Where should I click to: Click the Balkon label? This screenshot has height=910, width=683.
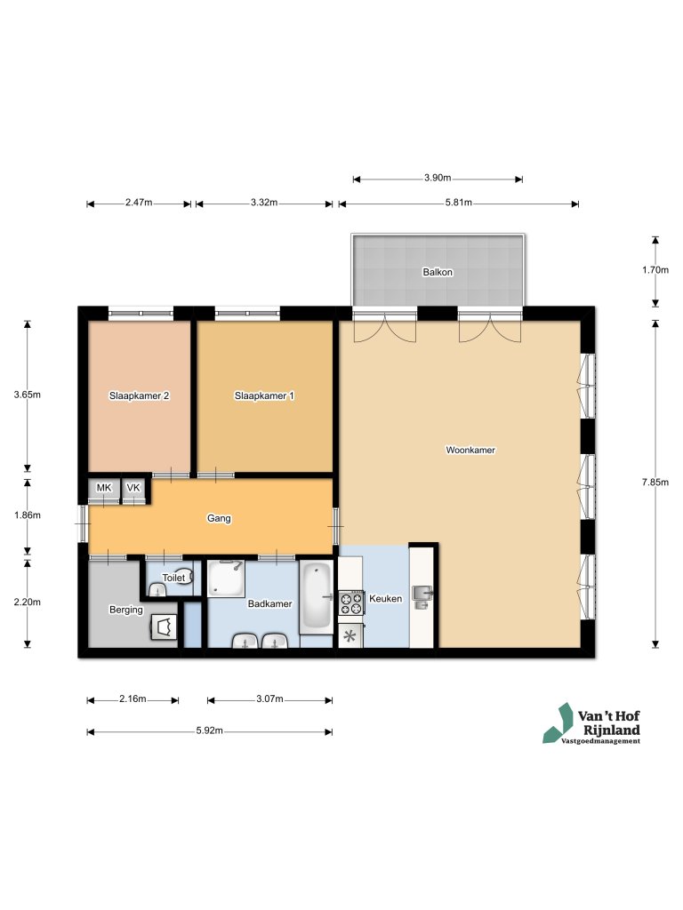coord(438,273)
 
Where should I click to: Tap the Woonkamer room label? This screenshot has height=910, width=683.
coord(470,451)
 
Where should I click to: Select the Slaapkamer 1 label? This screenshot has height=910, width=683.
coord(264,395)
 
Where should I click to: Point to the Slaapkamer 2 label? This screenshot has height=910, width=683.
coord(140,395)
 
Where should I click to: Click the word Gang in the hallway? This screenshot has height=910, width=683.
coord(219,518)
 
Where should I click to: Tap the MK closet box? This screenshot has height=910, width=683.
coord(104,489)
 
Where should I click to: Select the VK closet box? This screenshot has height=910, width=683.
coord(133,489)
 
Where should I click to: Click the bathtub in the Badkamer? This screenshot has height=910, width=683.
coord(317,597)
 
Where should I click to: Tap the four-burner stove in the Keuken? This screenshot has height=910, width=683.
coord(351,603)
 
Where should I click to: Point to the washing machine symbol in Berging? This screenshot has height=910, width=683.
coord(163,627)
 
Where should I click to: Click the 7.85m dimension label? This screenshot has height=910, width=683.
coord(656,483)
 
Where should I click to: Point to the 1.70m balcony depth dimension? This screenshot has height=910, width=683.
coord(656,271)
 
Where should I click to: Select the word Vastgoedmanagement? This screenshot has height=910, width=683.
coord(600,741)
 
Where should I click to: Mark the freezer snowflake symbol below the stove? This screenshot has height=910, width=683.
coord(350,635)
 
